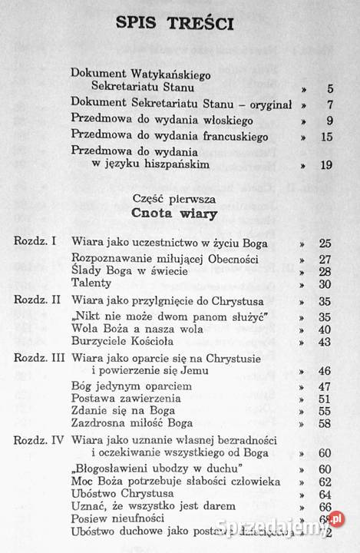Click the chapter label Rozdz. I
pos(35,241)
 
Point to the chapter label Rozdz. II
pos(37,300)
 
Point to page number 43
pos(325,341)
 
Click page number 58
pos(325,423)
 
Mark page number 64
pos(325,493)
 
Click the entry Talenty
pos(91,283)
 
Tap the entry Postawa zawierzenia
pos(126,399)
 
